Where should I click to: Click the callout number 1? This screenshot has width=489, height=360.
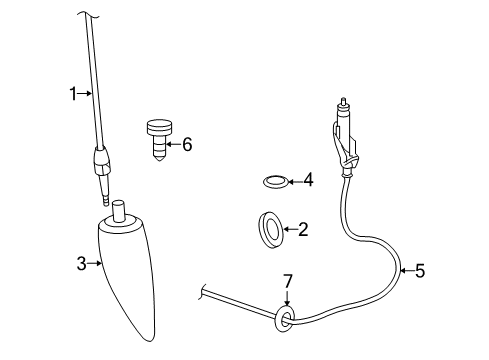tap(73, 93)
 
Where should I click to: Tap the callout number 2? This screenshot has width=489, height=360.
tap(302, 229)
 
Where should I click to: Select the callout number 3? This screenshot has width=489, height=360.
tap(82, 264)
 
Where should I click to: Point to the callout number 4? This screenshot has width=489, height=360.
tap(308, 181)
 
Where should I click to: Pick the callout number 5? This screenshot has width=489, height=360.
tap(420, 269)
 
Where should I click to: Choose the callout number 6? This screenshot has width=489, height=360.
tap(186, 144)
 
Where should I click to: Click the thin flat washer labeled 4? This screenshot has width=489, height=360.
tap(273, 181)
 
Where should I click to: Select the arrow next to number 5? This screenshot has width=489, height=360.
tap(405, 269)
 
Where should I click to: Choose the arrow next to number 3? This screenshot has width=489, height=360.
tap(96, 264)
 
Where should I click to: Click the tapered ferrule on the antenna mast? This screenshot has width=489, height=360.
tap(102, 157)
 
